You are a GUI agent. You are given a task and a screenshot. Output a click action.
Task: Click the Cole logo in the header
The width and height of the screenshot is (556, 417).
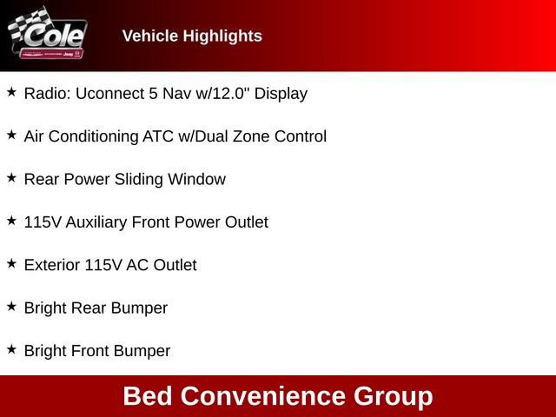tap(48, 36)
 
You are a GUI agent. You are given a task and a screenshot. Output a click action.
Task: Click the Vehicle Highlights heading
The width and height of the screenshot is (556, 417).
tap(192, 36)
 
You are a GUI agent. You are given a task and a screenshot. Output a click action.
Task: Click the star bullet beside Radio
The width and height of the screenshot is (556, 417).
tap(11, 91)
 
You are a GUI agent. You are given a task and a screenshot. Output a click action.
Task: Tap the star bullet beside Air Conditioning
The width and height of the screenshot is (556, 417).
tap(11, 135)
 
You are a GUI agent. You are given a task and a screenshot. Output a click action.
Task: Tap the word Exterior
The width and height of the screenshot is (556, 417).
tap(52, 265)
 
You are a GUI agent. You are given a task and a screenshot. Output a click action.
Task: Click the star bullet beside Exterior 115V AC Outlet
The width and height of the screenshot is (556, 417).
tap(11, 263)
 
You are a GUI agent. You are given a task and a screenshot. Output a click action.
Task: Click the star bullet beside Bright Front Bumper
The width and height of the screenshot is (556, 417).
tap(11, 349)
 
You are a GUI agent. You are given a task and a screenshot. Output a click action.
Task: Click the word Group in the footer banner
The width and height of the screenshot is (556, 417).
tap(393, 396)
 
